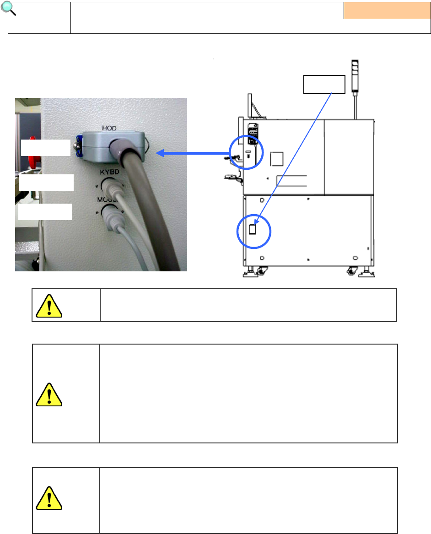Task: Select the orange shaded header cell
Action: point(387,10)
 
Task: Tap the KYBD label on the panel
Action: point(109,173)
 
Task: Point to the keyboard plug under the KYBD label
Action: point(110,188)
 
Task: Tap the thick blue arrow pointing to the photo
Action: point(192,153)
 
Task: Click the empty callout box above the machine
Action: point(324,84)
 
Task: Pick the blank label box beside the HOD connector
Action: point(45,148)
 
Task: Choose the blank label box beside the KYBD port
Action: point(46,182)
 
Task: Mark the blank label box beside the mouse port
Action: point(45,212)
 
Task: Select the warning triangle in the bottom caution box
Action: point(49,498)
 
